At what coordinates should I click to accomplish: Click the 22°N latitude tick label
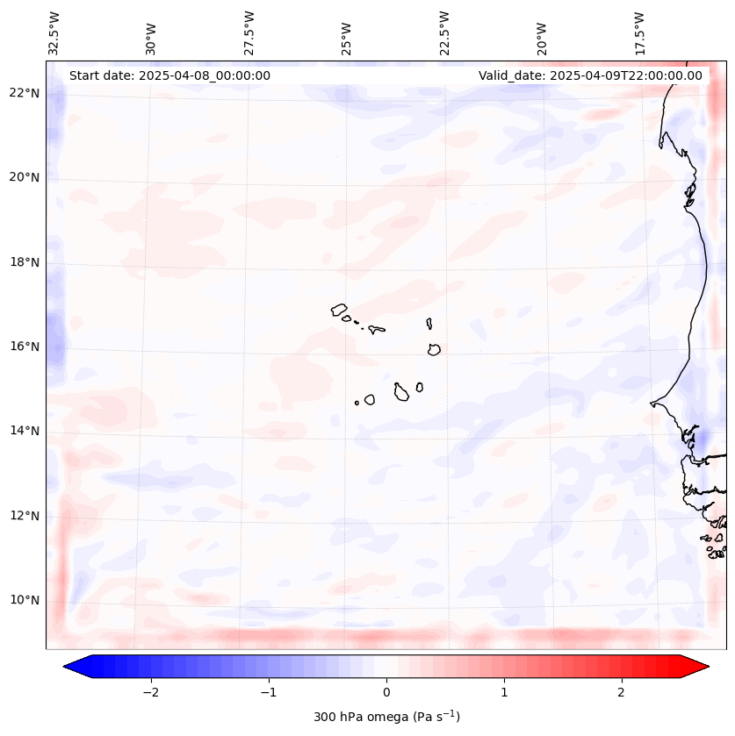(25, 93)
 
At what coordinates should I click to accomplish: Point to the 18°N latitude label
(25, 262)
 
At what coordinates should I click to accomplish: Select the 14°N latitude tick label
(25, 431)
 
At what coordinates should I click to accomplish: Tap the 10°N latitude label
(25, 600)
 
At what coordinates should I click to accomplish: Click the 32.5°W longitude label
(54, 32)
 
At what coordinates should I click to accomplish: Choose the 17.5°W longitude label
(639, 32)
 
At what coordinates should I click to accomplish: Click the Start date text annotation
(169, 75)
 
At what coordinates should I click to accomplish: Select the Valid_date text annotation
(590, 75)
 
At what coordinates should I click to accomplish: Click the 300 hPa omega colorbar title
(386, 717)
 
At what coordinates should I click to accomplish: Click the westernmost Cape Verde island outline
(339, 309)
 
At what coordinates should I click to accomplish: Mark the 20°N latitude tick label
(25, 177)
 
